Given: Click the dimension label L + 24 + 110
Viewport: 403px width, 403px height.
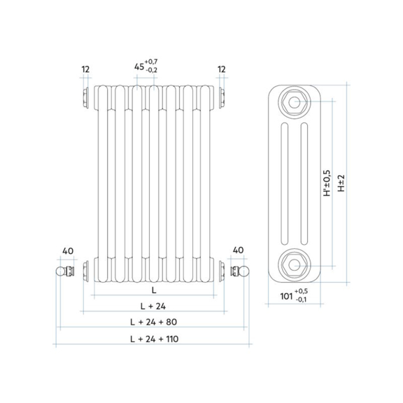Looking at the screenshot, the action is click(154, 339).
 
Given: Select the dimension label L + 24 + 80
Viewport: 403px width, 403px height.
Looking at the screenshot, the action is click(154, 322).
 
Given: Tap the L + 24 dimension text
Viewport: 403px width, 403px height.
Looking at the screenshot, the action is click(153, 306).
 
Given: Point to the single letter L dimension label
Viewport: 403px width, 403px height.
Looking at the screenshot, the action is click(154, 290).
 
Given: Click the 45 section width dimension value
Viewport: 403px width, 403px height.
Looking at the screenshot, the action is click(139, 67).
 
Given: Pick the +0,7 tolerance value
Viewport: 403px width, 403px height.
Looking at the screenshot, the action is click(151, 62).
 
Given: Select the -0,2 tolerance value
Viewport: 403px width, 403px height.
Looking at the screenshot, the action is click(151, 70).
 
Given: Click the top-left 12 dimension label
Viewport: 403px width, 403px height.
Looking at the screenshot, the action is click(85, 69).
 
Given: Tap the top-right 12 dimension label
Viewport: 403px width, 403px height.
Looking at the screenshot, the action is click(222, 69).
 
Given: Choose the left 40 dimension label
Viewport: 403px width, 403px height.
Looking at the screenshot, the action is click(68, 251).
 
